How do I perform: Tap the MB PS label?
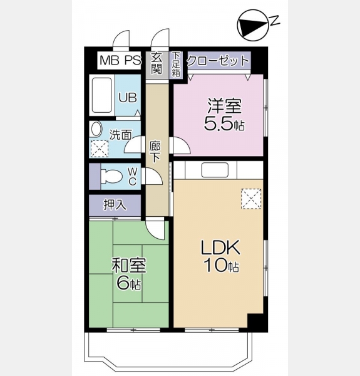tap(120, 60)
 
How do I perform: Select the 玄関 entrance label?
tap(157, 63)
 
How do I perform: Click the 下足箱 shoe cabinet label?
tap(176, 64)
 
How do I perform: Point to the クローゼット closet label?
tap(218, 60)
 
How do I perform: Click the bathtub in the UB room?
tap(102, 95)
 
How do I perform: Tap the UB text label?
tap(128, 98)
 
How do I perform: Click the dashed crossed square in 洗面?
tap(100, 149)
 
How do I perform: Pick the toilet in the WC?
tap(111, 177)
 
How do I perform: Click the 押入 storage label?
tap(115, 205)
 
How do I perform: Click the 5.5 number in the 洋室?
tap(219, 124)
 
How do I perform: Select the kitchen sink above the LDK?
tap(215, 170)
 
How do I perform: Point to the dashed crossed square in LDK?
tap(251, 199)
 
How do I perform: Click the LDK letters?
tap(220, 248)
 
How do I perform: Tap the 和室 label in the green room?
tap(129, 265)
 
